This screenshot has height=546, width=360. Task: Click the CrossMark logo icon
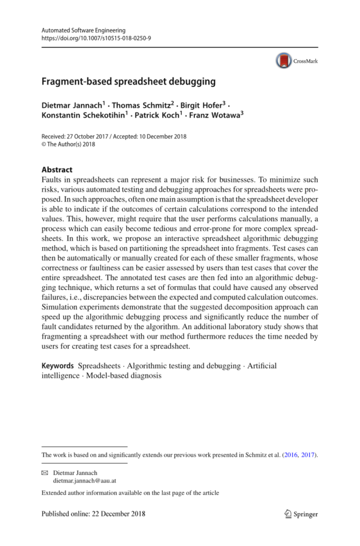pyautogui.click(x=284, y=60)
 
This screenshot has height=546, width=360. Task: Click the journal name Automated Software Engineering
pyautogui.click(x=83, y=30)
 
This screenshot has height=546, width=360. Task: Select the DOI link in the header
pyautogui.click(x=96, y=38)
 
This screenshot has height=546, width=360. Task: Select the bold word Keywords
pyautogui.click(x=57, y=366)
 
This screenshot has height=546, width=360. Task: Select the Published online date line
pyautogui.click(x=94, y=514)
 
